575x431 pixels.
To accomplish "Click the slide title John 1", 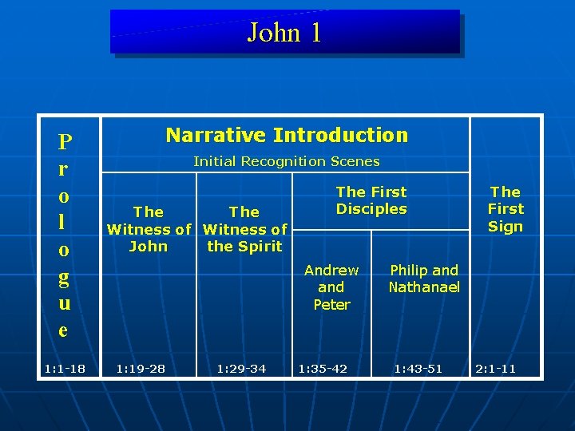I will pos(284,33).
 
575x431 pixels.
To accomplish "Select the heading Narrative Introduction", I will pos(286,136).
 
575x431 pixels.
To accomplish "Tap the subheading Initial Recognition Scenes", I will pos(286,161).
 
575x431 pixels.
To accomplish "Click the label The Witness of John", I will pos(149,229).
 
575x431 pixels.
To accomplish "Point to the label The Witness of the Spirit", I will pos(244,229).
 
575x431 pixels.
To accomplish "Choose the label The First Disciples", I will pos(371,200).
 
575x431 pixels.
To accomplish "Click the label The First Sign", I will pos(506,209).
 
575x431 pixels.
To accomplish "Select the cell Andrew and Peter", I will pos(331,287).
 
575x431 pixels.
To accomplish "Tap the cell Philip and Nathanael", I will pos(424,279).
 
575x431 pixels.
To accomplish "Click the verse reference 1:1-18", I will pos(65,369).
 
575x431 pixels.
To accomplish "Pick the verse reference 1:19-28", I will pos(142,369).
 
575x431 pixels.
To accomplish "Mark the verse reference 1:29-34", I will pos(241,369).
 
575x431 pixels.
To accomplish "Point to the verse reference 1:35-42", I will pos(323,369).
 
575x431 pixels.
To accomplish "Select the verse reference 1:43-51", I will pos(417,369).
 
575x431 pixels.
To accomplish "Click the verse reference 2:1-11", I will pos(495,369).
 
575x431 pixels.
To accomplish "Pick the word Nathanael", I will pos(424,287).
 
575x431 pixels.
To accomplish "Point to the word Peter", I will pos(331,305).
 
